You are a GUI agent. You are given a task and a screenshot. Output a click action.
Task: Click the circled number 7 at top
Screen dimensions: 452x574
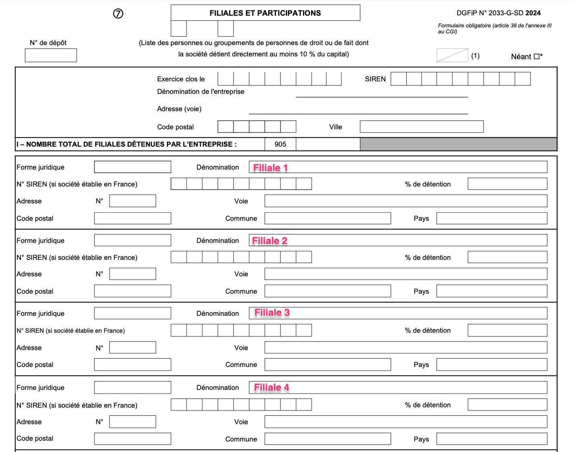[118, 14]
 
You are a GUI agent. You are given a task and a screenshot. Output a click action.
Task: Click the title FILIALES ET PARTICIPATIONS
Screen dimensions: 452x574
[265, 13]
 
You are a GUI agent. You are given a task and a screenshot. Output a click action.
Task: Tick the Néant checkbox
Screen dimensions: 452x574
[537, 57]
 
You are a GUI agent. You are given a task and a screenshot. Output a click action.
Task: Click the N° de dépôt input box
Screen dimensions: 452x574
[51, 55]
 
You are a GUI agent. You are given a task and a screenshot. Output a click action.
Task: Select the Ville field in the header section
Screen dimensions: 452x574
[422, 126]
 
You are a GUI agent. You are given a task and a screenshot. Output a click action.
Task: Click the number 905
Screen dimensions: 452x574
[280, 144]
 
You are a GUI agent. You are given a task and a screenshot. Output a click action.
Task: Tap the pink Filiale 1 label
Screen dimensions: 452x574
[270, 168]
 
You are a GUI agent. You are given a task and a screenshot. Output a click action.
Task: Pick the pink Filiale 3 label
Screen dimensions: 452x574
[272, 313]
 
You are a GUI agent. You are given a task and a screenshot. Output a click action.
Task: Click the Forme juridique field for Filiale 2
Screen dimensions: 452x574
[133, 240]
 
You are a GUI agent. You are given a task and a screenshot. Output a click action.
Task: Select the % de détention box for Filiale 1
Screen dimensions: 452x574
[507, 184]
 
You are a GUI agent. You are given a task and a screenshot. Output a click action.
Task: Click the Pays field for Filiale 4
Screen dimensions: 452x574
[492, 439]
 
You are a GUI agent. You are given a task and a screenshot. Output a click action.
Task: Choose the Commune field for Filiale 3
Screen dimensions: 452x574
[328, 365]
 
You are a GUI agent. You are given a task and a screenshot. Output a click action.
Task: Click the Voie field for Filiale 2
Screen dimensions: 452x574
[406, 274]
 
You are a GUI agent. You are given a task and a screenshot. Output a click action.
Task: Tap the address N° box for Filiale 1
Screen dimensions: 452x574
[133, 201]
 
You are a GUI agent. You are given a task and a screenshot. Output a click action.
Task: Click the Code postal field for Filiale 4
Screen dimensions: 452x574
[133, 439]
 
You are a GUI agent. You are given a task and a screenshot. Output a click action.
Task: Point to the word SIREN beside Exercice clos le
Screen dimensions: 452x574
[375, 79]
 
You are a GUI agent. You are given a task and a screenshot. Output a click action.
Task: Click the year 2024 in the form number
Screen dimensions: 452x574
[533, 13]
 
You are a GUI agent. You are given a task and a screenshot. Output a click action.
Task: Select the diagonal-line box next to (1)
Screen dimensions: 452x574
[452, 56]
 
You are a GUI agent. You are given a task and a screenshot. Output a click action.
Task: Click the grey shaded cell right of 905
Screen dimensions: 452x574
[458, 144]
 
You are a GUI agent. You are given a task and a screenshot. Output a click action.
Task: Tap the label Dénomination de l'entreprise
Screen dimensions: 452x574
[201, 91]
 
